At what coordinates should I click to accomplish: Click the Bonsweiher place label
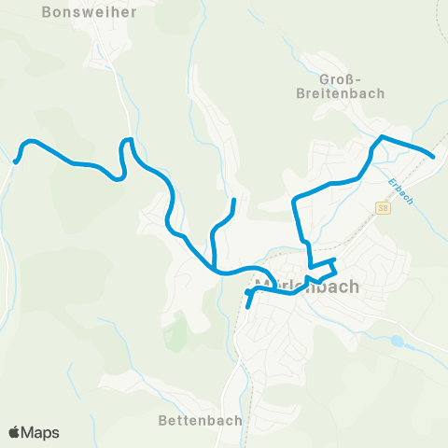90,13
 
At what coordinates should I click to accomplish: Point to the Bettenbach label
200,420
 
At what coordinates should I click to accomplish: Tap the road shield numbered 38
384,207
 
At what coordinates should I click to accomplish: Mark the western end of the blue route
16,161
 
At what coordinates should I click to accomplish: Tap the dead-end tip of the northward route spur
233,200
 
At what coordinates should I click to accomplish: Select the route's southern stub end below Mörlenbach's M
247,305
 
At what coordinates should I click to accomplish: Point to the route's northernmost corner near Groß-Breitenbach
381,137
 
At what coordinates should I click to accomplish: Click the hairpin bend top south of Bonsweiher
128,141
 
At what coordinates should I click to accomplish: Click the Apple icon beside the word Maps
14,432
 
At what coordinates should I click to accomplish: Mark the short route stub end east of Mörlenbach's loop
335,259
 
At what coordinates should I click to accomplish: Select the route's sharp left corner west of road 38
296,200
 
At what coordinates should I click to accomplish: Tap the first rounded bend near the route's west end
30,142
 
